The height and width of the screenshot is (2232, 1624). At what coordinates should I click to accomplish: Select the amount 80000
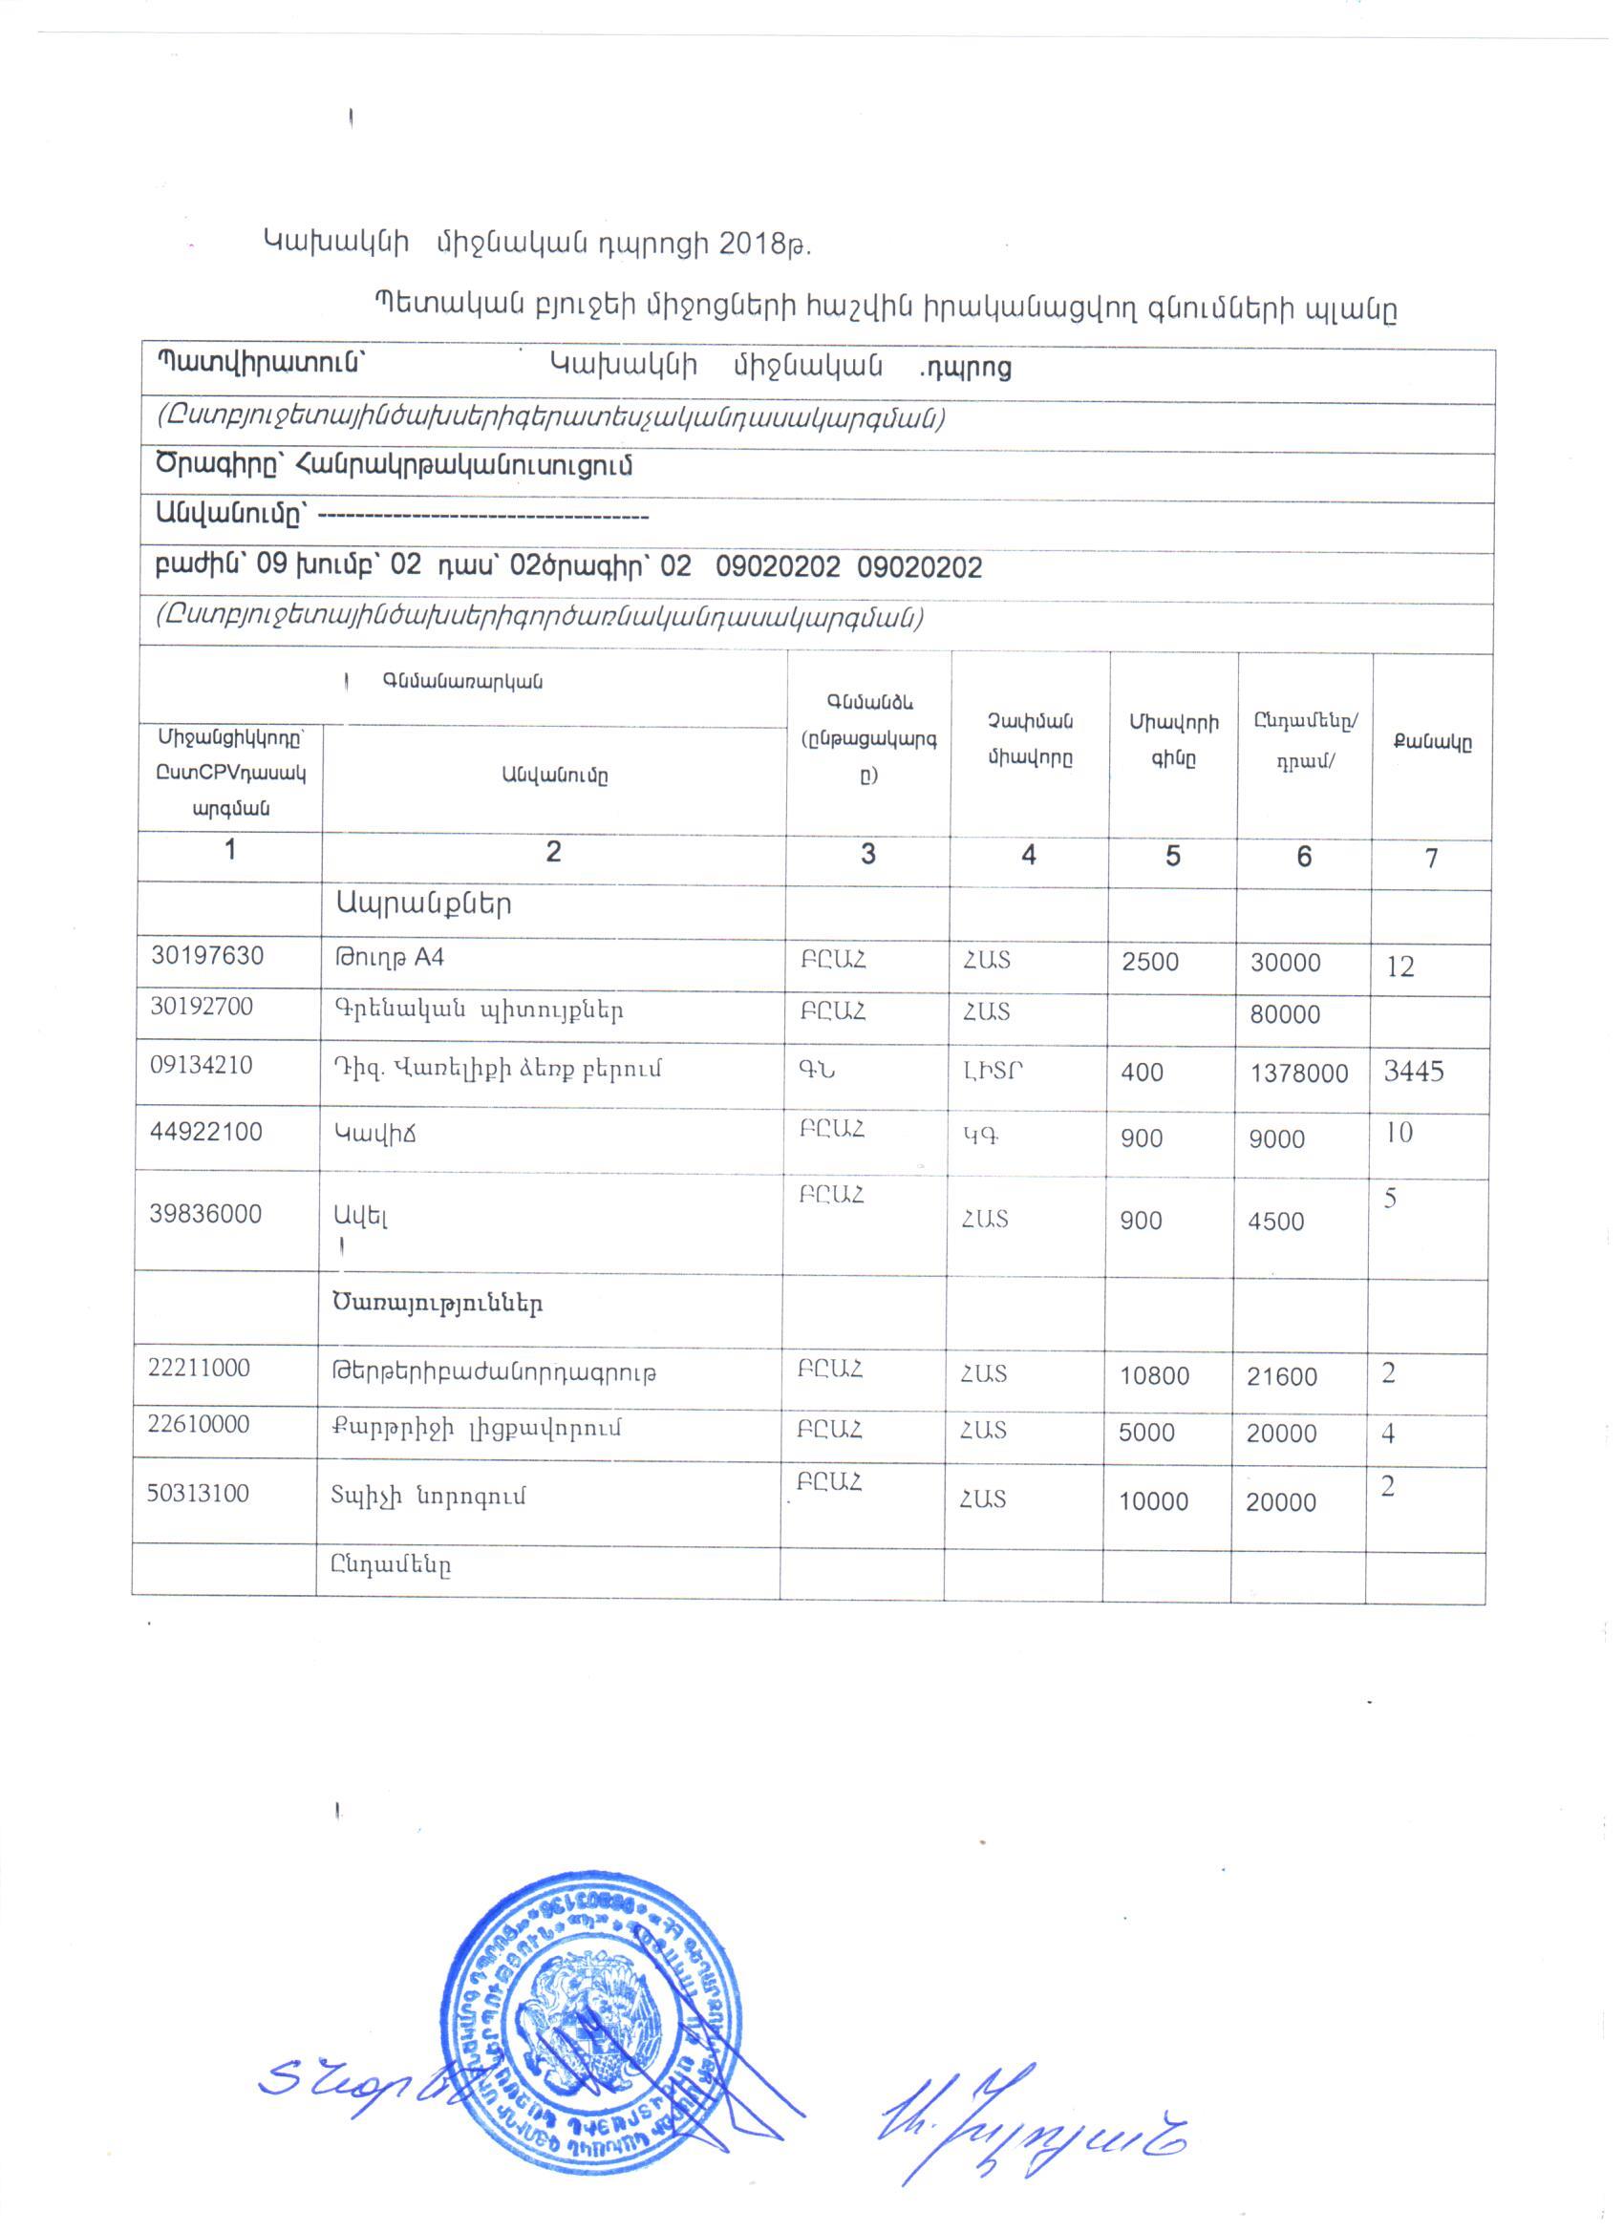(x=1286, y=1014)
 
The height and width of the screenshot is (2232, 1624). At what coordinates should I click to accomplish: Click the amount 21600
(x=1281, y=1377)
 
